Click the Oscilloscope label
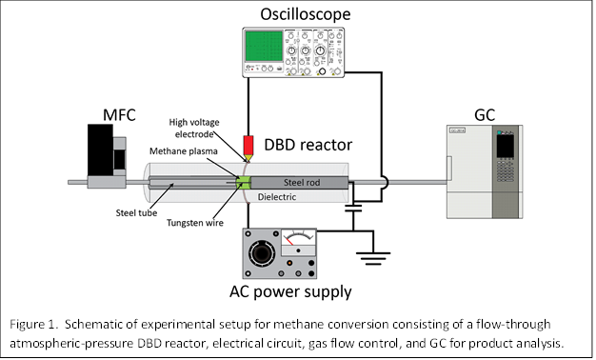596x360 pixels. pyautogui.click(x=306, y=14)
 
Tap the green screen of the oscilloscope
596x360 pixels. pyautogui.click(x=264, y=46)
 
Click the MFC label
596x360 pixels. pyautogui.click(x=119, y=115)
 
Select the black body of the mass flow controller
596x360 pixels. pyautogui.click(x=100, y=150)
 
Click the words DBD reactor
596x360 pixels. pyautogui.click(x=308, y=145)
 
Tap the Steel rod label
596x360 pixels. pyautogui.click(x=302, y=183)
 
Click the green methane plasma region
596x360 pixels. pyautogui.click(x=244, y=183)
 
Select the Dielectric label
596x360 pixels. pyautogui.click(x=277, y=197)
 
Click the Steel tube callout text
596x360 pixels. pyautogui.click(x=136, y=213)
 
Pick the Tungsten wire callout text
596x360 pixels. pyautogui.click(x=195, y=223)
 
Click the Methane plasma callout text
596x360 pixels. pyautogui.click(x=184, y=151)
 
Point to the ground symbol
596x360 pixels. pyautogui.click(x=373, y=258)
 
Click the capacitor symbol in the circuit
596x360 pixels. pyautogui.click(x=353, y=208)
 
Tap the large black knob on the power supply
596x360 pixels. pyautogui.click(x=262, y=252)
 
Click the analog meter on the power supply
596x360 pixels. pyautogui.click(x=298, y=243)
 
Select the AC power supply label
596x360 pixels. pyautogui.click(x=290, y=292)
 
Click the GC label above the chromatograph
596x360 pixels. pyautogui.click(x=485, y=115)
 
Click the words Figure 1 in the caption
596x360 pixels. pyautogui.click(x=32, y=325)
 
